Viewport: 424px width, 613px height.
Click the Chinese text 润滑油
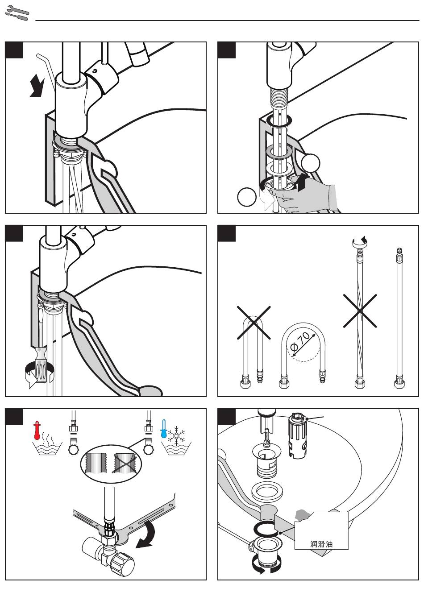(x=321, y=544)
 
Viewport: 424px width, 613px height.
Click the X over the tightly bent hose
(x=254, y=322)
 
